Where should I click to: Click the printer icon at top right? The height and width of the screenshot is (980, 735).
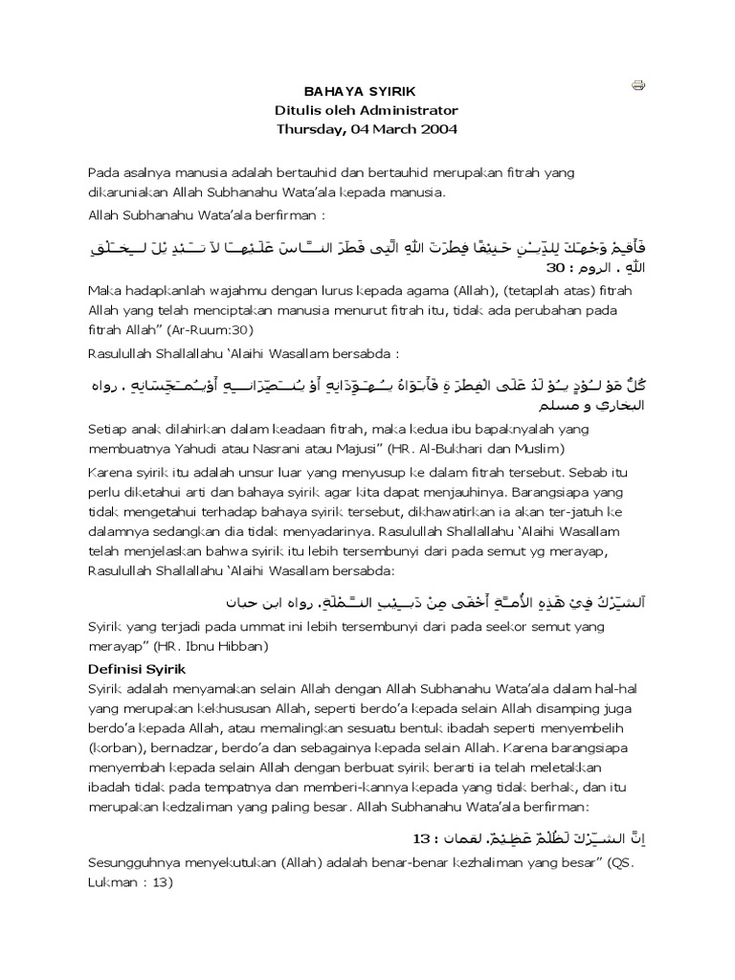pos(638,86)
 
